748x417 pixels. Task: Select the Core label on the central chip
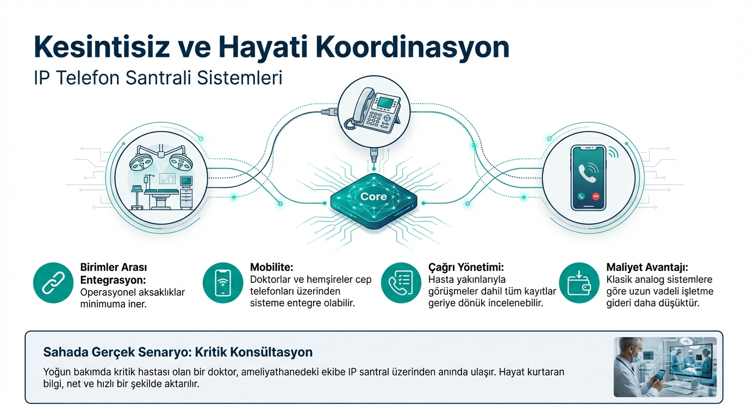[x=373, y=197]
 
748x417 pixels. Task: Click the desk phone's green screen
[x=385, y=103]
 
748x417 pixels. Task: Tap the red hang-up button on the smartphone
[x=596, y=197]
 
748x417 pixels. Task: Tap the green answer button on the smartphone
[x=581, y=197]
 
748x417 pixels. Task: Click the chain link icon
[x=53, y=283]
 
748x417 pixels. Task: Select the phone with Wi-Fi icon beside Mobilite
[x=223, y=283]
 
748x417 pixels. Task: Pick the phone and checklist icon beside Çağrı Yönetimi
[x=401, y=283]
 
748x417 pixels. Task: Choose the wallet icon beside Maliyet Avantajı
[x=579, y=283]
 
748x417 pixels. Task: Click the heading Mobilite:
[x=271, y=267]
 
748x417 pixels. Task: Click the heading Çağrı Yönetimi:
[x=466, y=268]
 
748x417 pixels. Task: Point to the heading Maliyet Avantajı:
[x=647, y=268]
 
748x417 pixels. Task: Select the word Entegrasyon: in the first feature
[x=113, y=280]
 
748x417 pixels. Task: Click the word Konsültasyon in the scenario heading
[x=271, y=352]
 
